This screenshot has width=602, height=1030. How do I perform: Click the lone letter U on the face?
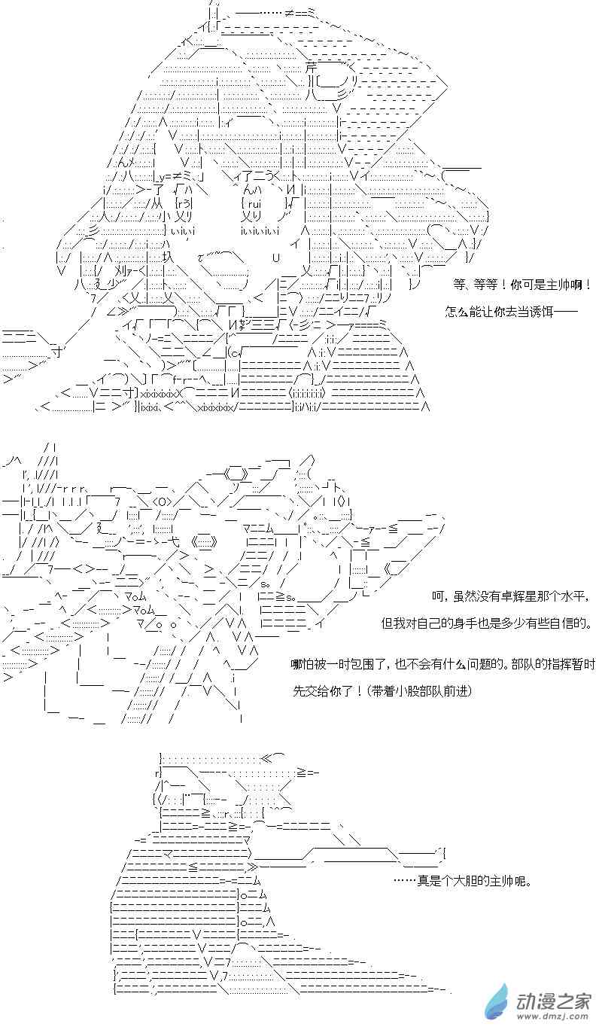(x=276, y=257)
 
